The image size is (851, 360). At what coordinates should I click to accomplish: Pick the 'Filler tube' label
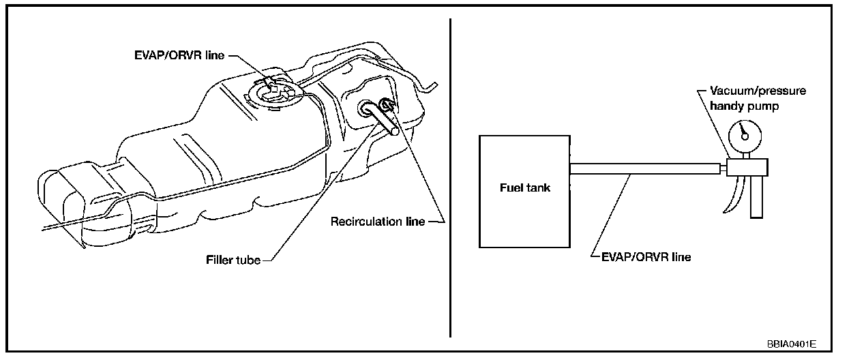tap(234, 260)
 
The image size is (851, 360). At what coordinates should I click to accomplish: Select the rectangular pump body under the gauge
tap(746, 166)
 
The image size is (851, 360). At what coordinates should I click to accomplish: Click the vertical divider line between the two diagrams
tap(451, 177)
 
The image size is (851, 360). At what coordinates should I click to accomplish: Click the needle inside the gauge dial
tap(745, 131)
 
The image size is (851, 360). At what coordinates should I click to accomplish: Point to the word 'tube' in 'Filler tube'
tap(248, 260)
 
